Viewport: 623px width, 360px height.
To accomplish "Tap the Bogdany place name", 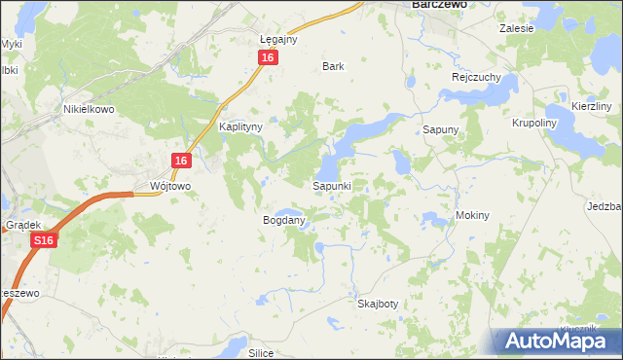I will click(x=284, y=221).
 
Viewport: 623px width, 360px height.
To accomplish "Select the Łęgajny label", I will click(x=278, y=40).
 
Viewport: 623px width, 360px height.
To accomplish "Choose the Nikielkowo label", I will click(x=89, y=110).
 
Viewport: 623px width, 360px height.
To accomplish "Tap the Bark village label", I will click(x=334, y=67).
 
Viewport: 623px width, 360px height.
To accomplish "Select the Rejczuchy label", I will click(x=475, y=77).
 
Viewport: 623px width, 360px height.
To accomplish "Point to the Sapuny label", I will click(x=440, y=129).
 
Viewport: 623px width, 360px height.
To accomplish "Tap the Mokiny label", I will click(x=471, y=215).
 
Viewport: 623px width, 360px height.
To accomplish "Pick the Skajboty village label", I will click(x=378, y=304).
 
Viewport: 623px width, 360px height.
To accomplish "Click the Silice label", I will click(x=260, y=353).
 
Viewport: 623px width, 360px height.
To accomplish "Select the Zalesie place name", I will click(x=517, y=29).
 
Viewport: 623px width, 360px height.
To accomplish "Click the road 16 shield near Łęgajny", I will click(x=270, y=58).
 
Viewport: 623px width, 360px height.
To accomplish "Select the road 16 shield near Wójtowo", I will click(x=181, y=161).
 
